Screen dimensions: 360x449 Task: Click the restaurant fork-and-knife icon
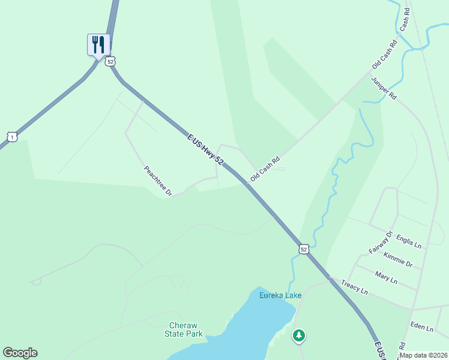point(98,44)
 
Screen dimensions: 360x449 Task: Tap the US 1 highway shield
point(13,137)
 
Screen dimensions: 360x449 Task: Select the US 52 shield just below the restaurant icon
point(109,61)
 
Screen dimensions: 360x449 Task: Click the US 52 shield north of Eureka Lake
point(304,249)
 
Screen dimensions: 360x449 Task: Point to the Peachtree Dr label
point(158,181)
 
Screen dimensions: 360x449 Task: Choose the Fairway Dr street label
point(381,242)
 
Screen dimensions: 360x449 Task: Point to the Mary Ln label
point(386,278)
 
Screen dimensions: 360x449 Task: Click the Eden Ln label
point(421,328)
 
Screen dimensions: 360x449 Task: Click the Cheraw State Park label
point(184,330)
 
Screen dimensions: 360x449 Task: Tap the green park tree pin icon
point(299,335)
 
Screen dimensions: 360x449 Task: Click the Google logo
point(20,353)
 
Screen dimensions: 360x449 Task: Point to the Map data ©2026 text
point(423,355)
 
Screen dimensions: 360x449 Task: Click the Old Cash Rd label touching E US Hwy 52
point(265,169)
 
